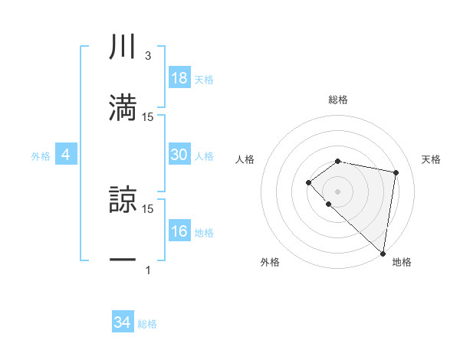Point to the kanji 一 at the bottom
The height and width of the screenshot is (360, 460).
123,260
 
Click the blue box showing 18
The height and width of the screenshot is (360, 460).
179,78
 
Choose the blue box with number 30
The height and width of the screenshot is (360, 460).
179,155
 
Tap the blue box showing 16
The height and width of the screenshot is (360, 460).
179,231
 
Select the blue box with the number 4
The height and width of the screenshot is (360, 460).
66,155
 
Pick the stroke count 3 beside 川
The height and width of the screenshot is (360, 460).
148,56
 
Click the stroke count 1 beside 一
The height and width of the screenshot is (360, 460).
148,270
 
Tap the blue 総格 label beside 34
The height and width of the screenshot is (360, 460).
147,324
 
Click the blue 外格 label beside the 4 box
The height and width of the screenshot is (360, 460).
41,155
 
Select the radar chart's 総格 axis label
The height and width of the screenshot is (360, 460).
338,100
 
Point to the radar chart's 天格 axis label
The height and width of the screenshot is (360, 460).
431,159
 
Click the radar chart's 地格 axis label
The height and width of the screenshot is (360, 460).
402,262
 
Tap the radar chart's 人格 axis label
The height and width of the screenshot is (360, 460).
245,159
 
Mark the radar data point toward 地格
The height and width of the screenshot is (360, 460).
383,254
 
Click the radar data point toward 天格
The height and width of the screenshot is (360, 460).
396,172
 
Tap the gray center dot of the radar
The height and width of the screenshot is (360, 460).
338,191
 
